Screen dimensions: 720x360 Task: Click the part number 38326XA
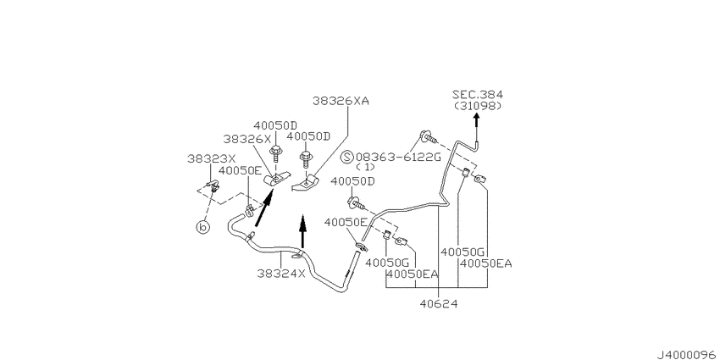pos(341,101)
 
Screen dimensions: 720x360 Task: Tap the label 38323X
pos(211,158)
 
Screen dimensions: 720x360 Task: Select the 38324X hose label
pos(281,274)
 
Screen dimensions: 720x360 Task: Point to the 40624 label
pos(439,303)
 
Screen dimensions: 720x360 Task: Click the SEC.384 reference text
pos(478,95)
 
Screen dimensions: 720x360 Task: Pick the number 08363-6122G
pos(398,157)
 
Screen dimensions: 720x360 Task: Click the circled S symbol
pos(346,157)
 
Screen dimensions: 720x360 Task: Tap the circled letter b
pos(202,227)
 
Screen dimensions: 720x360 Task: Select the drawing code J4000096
pos(688,354)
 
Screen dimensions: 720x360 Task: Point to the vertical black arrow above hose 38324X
pos(302,231)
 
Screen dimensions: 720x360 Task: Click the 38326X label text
pos(247,138)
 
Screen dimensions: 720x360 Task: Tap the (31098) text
pos(478,106)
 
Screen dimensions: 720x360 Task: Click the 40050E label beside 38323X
pos(240,170)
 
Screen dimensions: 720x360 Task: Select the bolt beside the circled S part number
pos(427,136)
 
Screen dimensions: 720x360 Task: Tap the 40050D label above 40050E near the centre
pos(352,181)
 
